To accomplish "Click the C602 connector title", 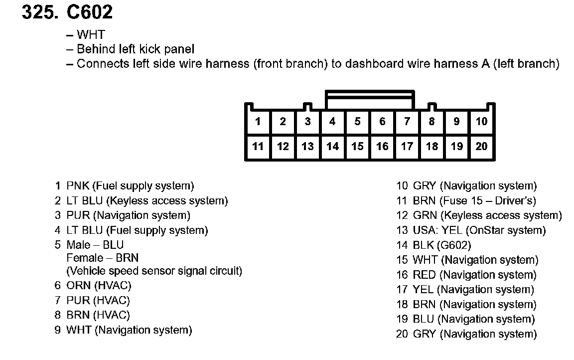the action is [90, 12].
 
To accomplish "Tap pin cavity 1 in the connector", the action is [258, 122].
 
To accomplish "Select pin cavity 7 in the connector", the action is [407, 122].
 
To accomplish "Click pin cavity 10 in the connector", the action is [481, 122].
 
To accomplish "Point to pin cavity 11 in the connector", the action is [258, 147].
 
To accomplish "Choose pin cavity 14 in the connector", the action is [332, 147].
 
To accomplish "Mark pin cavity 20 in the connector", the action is [481, 147].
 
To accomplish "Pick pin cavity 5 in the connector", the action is [357, 122].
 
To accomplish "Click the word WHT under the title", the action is [91, 35].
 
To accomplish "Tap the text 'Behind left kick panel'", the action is [136, 49].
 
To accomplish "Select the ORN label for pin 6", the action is [78, 286].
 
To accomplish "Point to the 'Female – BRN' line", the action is [103, 258].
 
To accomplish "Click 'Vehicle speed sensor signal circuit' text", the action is [154, 271].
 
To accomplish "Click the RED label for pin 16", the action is [424, 275].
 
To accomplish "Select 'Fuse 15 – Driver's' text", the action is [488, 201].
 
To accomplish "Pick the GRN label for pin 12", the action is [425, 215].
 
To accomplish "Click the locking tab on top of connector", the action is [370, 99].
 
